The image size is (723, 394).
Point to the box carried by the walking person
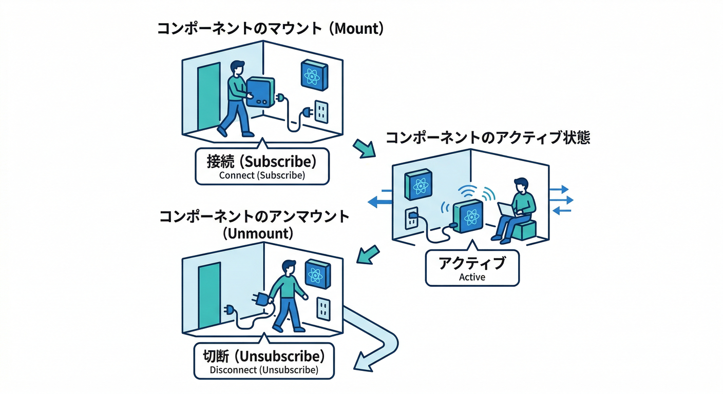[260, 92]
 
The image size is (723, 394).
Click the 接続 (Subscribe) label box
[262, 166]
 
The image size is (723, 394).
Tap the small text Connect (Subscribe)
[262, 175]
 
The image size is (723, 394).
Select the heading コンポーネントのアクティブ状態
[487, 137]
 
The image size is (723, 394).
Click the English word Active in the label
[472, 277]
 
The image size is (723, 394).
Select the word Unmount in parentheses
[258, 233]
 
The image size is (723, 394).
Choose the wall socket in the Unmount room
[324, 307]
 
